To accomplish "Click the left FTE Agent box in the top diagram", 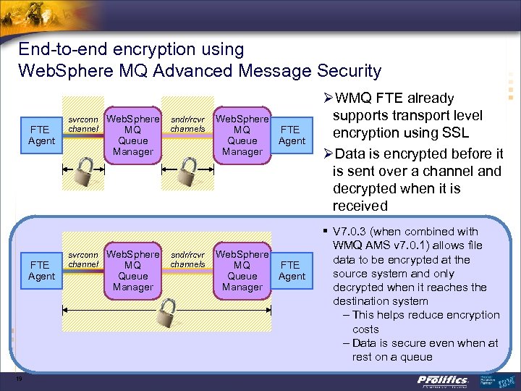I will (41, 135).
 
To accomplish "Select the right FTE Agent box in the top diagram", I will (292, 135).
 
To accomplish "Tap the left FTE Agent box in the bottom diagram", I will (41, 270).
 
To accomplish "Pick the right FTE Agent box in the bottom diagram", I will (292, 270).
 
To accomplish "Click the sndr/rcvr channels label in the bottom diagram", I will (187, 259).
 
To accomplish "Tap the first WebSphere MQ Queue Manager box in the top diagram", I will (133, 135).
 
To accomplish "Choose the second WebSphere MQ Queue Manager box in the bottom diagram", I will (242, 270).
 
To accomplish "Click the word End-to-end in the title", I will (60, 49).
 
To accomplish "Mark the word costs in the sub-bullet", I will (365, 329).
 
